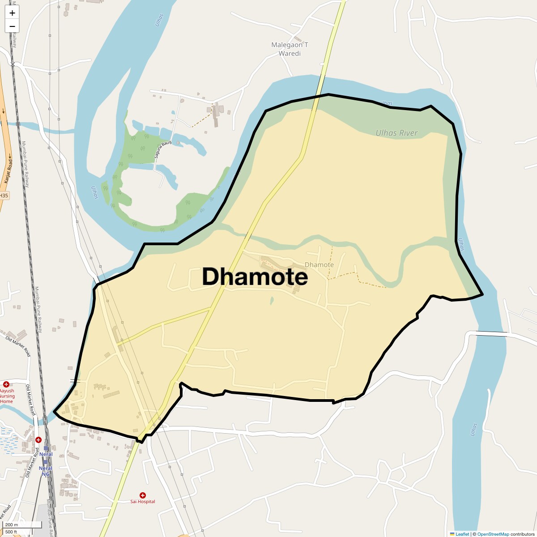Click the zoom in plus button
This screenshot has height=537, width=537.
12,13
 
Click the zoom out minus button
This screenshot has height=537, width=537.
12,26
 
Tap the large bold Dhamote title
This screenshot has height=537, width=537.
255,277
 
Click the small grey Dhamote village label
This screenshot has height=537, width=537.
319,264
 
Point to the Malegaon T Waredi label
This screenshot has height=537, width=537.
290,49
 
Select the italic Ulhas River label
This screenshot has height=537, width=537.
396,133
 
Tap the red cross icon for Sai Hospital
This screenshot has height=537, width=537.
143,495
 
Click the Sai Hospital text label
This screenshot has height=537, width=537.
143,502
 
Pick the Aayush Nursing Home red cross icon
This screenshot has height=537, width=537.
6,384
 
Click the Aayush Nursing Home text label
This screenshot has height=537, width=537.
7,396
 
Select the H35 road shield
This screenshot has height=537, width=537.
4,196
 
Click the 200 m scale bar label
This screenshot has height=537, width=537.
12,525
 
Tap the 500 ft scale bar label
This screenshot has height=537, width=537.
11,532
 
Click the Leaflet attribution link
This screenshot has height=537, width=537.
462,534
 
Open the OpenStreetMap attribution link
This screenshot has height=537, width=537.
493,534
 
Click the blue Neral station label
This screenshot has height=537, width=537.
46,454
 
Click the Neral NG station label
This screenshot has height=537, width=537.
45,471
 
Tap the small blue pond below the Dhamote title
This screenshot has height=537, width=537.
272,301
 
